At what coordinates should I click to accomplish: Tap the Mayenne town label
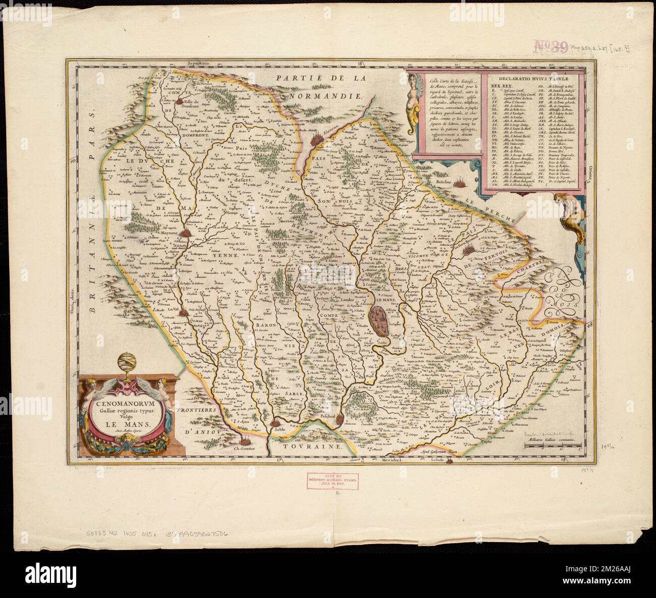tap(172, 233)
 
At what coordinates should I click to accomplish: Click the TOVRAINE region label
tap(315, 447)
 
